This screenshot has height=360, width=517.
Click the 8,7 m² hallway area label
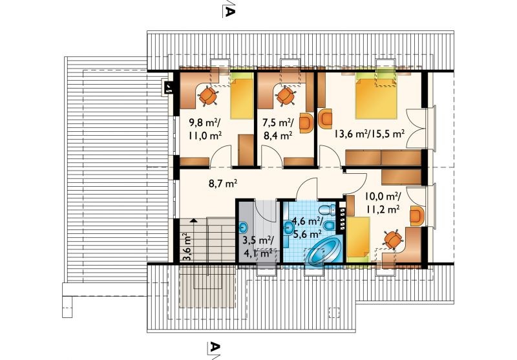[223, 184]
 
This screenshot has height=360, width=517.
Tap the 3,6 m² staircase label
[186, 247]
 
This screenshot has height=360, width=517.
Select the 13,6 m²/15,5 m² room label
[369, 134]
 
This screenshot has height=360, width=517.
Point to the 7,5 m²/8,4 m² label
[278, 129]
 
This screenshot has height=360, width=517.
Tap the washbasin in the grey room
[244, 227]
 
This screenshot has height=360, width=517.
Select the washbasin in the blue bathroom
[288, 228]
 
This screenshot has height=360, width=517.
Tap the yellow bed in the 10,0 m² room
[358, 239]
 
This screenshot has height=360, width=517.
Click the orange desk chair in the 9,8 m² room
[208, 95]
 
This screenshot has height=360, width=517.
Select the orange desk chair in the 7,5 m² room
[286, 96]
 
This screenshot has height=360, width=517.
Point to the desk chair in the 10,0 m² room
[393, 239]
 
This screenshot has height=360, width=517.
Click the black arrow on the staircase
[194, 220]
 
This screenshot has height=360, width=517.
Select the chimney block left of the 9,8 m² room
[169, 88]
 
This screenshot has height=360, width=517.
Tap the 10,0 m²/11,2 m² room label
[383, 202]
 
